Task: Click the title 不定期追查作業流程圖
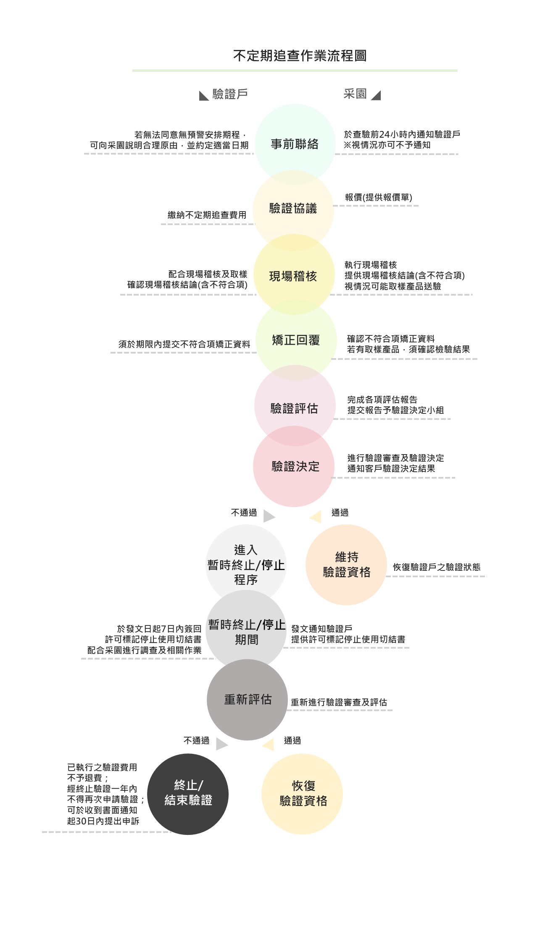tap(300, 55)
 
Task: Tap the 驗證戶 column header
tap(230, 94)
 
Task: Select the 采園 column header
tap(355, 94)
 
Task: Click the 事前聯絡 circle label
tap(295, 144)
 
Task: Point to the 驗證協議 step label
tap(293, 208)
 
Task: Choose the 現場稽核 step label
tap(293, 276)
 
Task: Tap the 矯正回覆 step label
tap(296, 340)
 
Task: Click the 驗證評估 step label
tap(294, 408)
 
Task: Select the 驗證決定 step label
tap(295, 466)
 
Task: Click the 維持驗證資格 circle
tap(346, 565)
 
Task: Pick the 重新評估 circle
tap(247, 699)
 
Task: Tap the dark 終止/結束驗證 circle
tap(188, 794)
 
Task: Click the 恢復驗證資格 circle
tap(302, 794)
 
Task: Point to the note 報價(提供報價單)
tap(378, 197)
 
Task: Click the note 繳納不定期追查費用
tap(207, 215)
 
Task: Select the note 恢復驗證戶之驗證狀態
tap(437, 567)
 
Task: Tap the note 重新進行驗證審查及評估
tap(339, 702)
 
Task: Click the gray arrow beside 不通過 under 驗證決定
tap(269, 516)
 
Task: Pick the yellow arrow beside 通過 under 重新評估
tap(268, 744)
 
